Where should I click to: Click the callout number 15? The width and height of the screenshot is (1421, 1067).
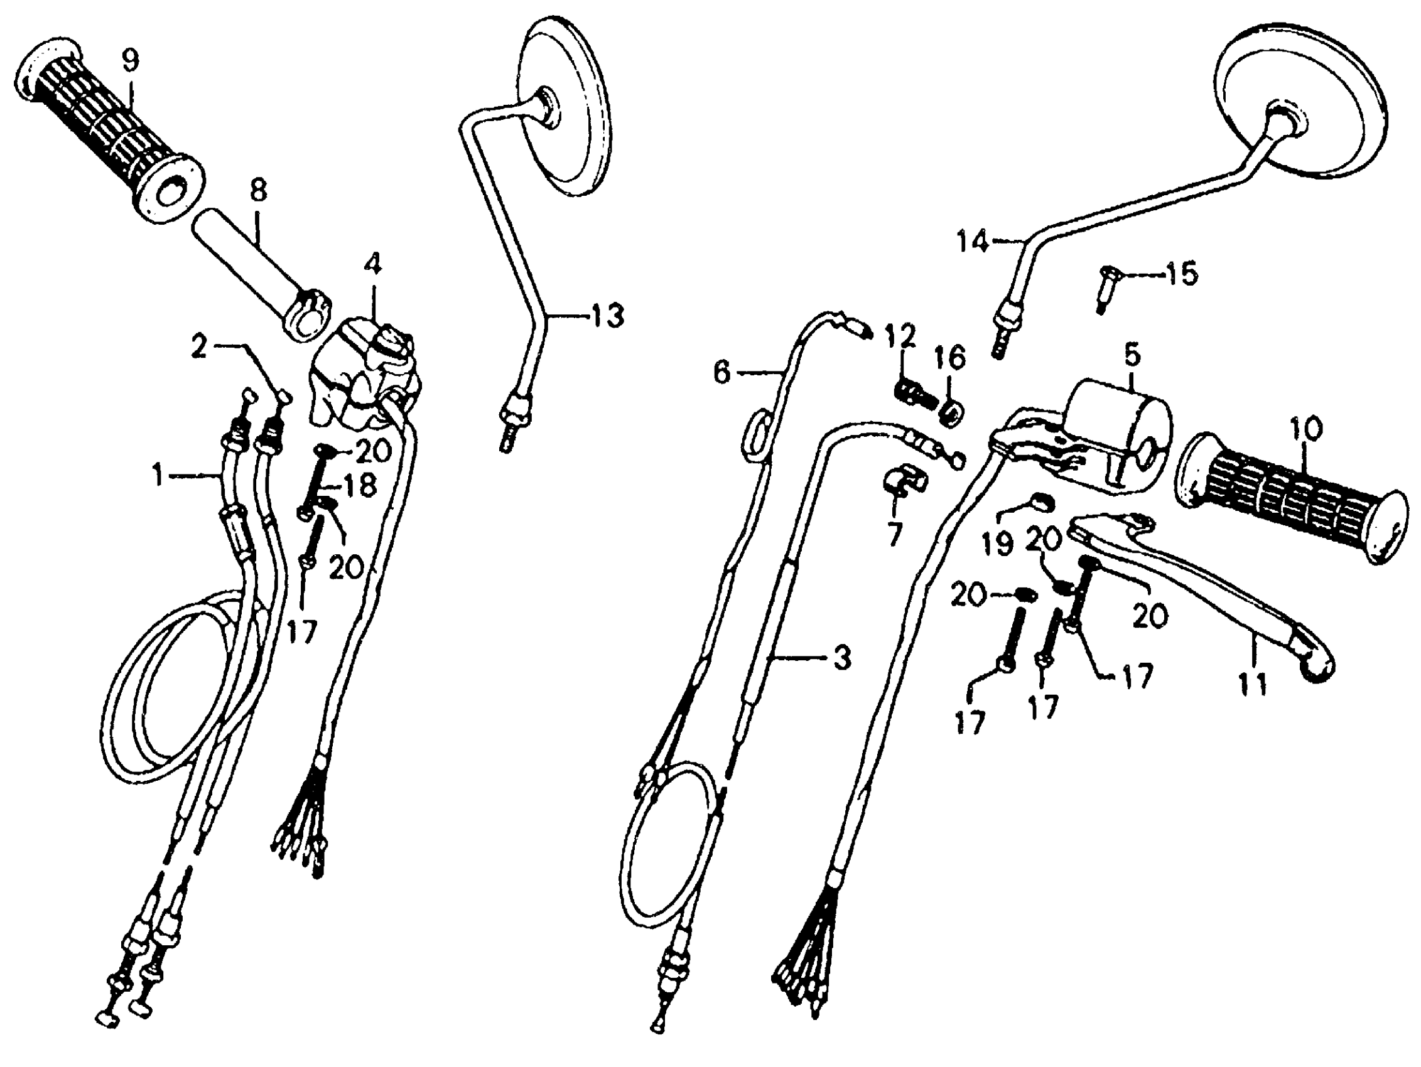tap(1181, 274)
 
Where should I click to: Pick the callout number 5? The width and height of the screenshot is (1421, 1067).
tap(1132, 355)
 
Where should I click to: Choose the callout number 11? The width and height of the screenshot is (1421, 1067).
tap(1252, 684)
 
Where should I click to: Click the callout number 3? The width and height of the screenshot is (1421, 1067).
tap(841, 657)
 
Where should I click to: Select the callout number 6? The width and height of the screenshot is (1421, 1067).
tap(723, 372)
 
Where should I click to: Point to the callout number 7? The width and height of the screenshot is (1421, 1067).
tap(895, 533)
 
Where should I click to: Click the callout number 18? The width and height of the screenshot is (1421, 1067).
tap(360, 486)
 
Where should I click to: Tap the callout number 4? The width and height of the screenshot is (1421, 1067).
tap(373, 264)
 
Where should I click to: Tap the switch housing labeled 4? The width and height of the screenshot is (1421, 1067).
tap(365, 378)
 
